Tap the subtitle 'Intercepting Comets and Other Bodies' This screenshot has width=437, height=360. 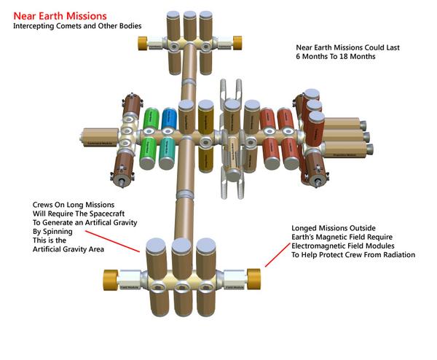pyautogui.click(x=76, y=26)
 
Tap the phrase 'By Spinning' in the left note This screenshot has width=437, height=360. pyautogui.click(x=55, y=231)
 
